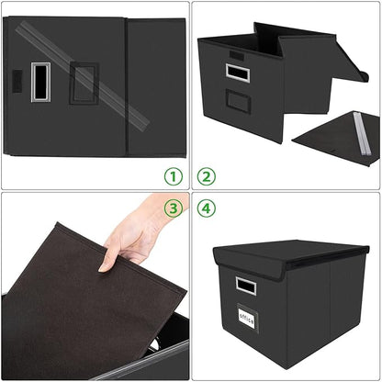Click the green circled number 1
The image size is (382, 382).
pos(173,175)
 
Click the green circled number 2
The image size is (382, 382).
pos(207,175)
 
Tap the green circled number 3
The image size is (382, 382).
pos(173,208)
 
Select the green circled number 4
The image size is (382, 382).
pos(207,208)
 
